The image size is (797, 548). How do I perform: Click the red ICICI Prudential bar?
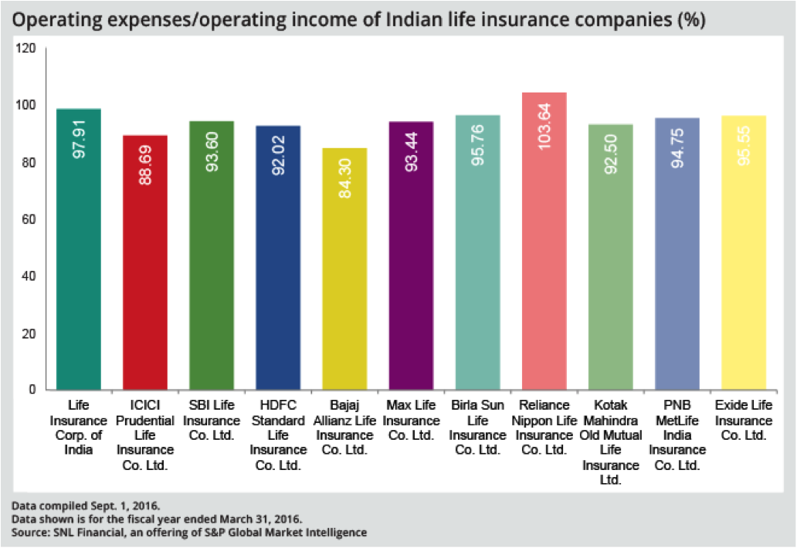pos(145,262)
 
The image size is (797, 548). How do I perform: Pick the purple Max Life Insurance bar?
pos(411,255)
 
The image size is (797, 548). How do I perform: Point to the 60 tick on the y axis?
pos(29,219)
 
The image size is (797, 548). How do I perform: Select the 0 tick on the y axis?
pos(32,390)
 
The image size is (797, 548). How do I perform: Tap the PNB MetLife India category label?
pos(677,435)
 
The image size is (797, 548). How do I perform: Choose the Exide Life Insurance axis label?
pos(744,421)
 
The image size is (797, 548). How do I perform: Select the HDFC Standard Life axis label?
pos(279,435)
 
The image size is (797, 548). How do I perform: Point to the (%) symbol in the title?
pos(690,20)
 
